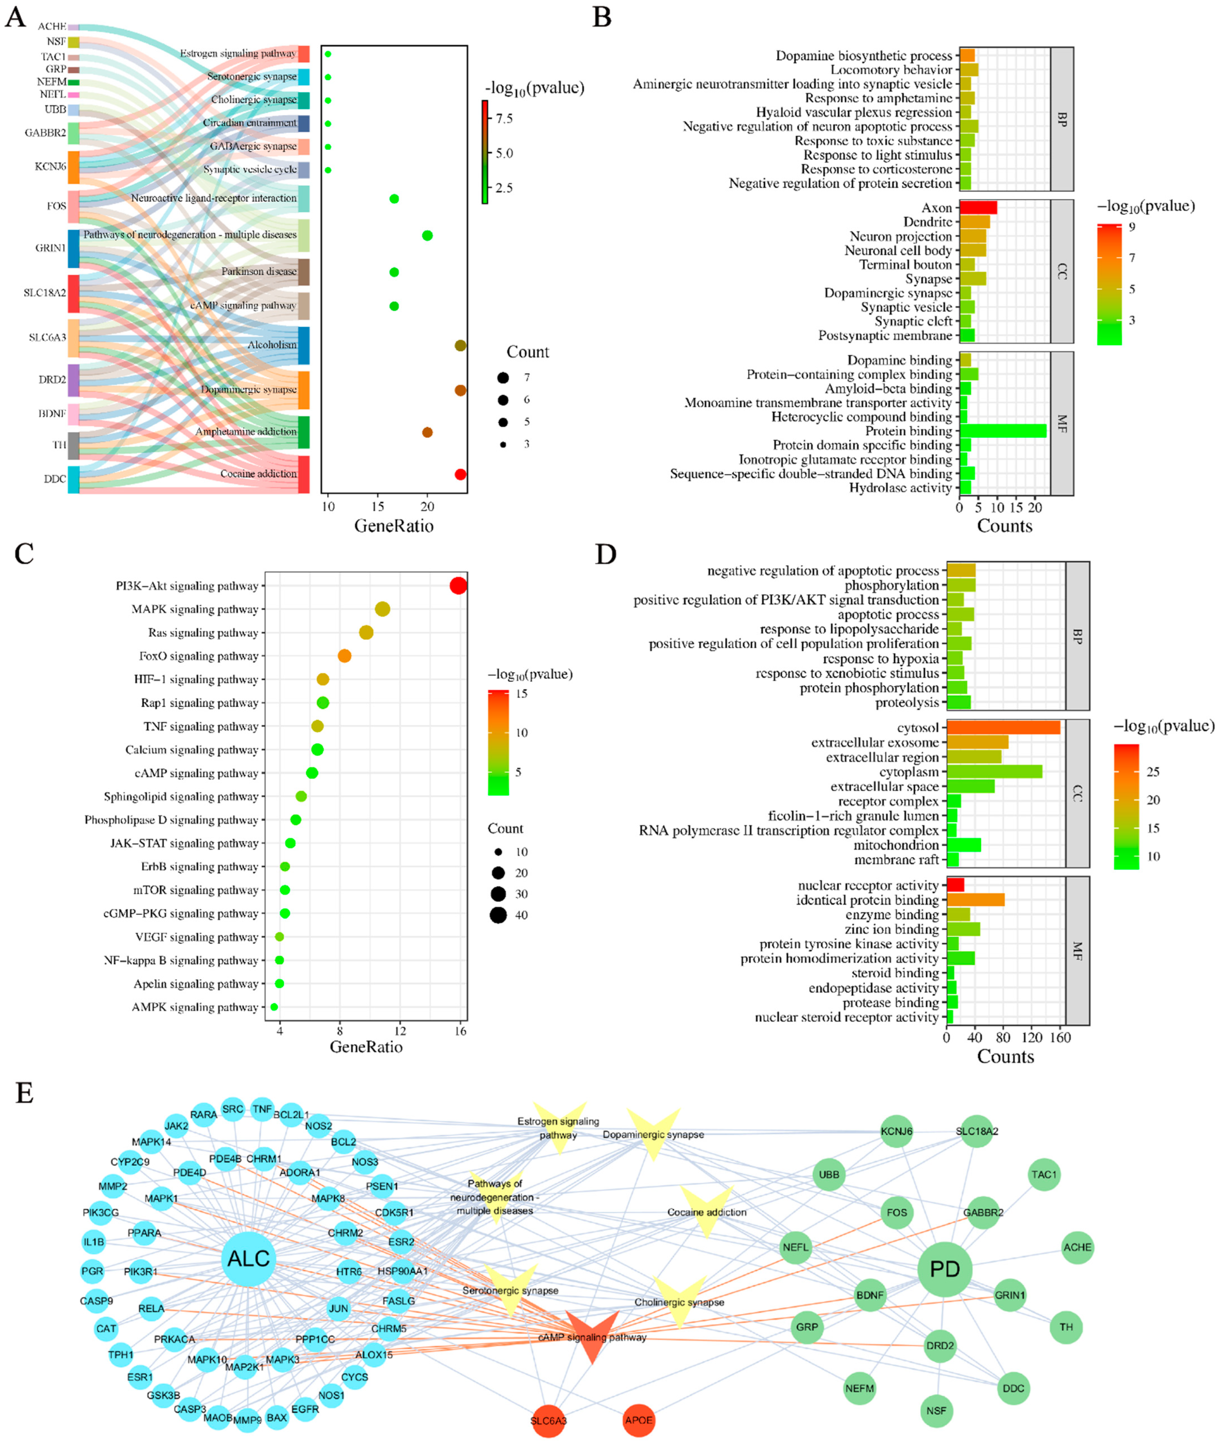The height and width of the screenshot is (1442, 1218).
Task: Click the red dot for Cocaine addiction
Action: coord(461,474)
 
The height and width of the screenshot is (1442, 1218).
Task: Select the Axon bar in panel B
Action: coord(978,208)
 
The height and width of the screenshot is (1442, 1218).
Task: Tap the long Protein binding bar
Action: coord(1003,431)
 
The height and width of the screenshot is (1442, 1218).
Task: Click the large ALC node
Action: coord(249,1258)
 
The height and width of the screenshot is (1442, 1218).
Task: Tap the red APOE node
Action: coord(638,1420)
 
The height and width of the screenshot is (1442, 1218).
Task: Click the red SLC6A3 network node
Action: coord(548,1420)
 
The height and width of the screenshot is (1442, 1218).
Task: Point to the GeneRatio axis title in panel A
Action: coord(394,526)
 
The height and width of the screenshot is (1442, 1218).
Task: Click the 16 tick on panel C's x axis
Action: coord(461,1031)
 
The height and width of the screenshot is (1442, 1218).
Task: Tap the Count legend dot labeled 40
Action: coord(499,915)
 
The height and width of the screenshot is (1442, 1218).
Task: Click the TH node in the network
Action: coord(1066,1327)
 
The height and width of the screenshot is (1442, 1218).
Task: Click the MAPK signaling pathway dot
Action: coord(383,609)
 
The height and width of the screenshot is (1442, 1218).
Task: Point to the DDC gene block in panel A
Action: coord(73,479)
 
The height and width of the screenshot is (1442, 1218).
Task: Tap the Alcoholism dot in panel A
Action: coord(461,345)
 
